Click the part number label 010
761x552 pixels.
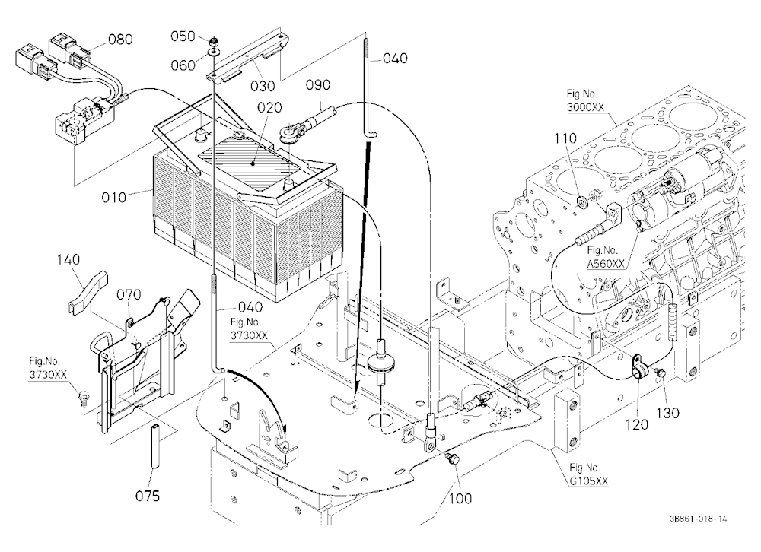[x=113, y=198]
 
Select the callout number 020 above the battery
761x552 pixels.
[x=270, y=107]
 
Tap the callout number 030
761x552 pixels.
[x=263, y=87]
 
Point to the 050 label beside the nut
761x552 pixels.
[x=183, y=36]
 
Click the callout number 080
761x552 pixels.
[x=120, y=40]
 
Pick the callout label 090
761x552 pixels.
[x=318, y=85]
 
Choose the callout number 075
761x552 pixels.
[x=148, y=496]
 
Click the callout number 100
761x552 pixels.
[x=460, y=498]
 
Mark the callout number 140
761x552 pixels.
[x=68, y=260]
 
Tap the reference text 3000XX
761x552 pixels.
[x=585, y=107]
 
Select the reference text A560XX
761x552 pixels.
[x=606, y=263]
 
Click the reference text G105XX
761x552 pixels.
[x=589, y=481]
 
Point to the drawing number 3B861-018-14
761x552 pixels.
[x=699, y=519]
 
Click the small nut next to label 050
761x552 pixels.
[x=214, y=40]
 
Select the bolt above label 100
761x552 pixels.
[x=452, y=458]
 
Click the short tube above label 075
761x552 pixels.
[x=154, y=446]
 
